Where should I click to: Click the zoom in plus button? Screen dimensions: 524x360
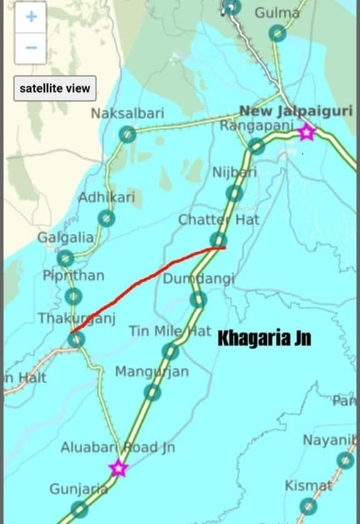point(31,17)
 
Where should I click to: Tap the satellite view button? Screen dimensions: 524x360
point(55,88)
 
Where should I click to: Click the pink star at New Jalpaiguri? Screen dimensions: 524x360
point(306,133)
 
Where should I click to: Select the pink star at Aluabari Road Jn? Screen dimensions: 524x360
point(118,468)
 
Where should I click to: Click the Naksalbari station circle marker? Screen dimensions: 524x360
point(127,134)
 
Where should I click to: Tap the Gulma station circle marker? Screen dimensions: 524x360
point(277,33)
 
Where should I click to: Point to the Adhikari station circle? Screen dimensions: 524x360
point(107,218)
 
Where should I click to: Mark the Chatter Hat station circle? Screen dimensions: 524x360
point(218,239)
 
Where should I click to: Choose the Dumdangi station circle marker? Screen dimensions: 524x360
point(198,300)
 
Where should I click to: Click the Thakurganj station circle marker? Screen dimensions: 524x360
point(76,340)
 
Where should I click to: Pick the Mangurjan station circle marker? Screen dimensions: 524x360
point(152,393)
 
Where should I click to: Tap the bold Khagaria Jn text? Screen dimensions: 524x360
point(264,339)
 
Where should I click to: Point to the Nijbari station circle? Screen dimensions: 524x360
point(234,193)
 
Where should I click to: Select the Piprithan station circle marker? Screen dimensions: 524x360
point(74,296)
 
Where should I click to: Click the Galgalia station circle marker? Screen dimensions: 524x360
point(65,258)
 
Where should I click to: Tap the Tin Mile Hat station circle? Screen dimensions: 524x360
point(170,351)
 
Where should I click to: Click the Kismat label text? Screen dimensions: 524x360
point(308,486)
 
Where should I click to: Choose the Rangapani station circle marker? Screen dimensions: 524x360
point(256,146)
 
